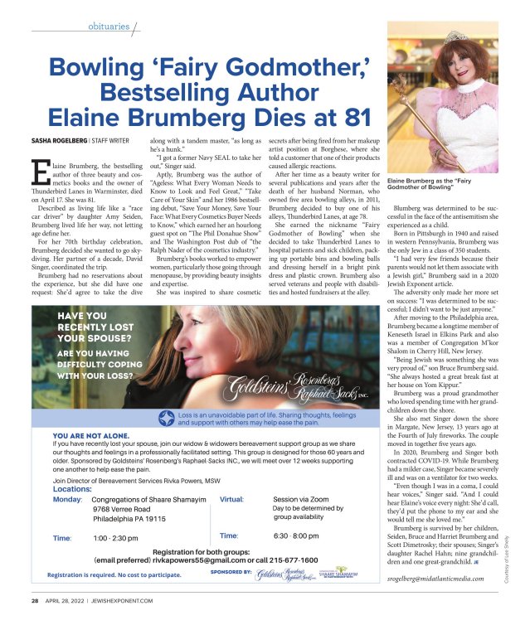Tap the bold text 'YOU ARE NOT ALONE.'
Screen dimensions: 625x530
[92, 434]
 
